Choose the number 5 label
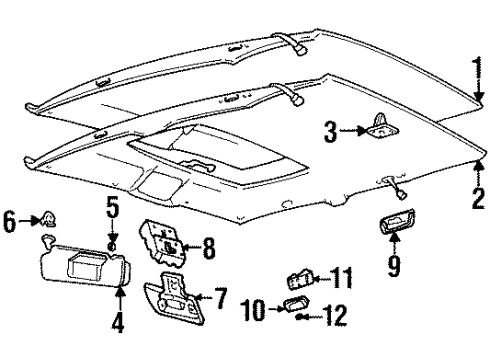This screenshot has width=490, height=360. click(113, 210)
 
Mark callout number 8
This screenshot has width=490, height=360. click(208, 248)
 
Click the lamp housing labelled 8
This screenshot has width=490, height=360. click(165, 241)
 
